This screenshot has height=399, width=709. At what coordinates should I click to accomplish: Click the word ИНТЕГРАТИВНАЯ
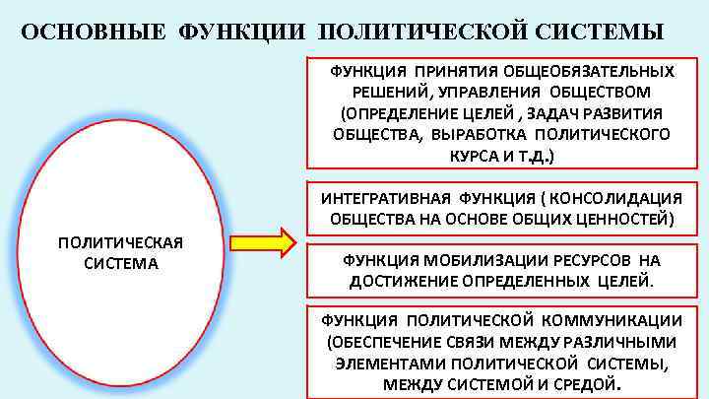[386, 196]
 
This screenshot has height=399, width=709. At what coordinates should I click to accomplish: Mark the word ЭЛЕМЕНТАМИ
[383, 363]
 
